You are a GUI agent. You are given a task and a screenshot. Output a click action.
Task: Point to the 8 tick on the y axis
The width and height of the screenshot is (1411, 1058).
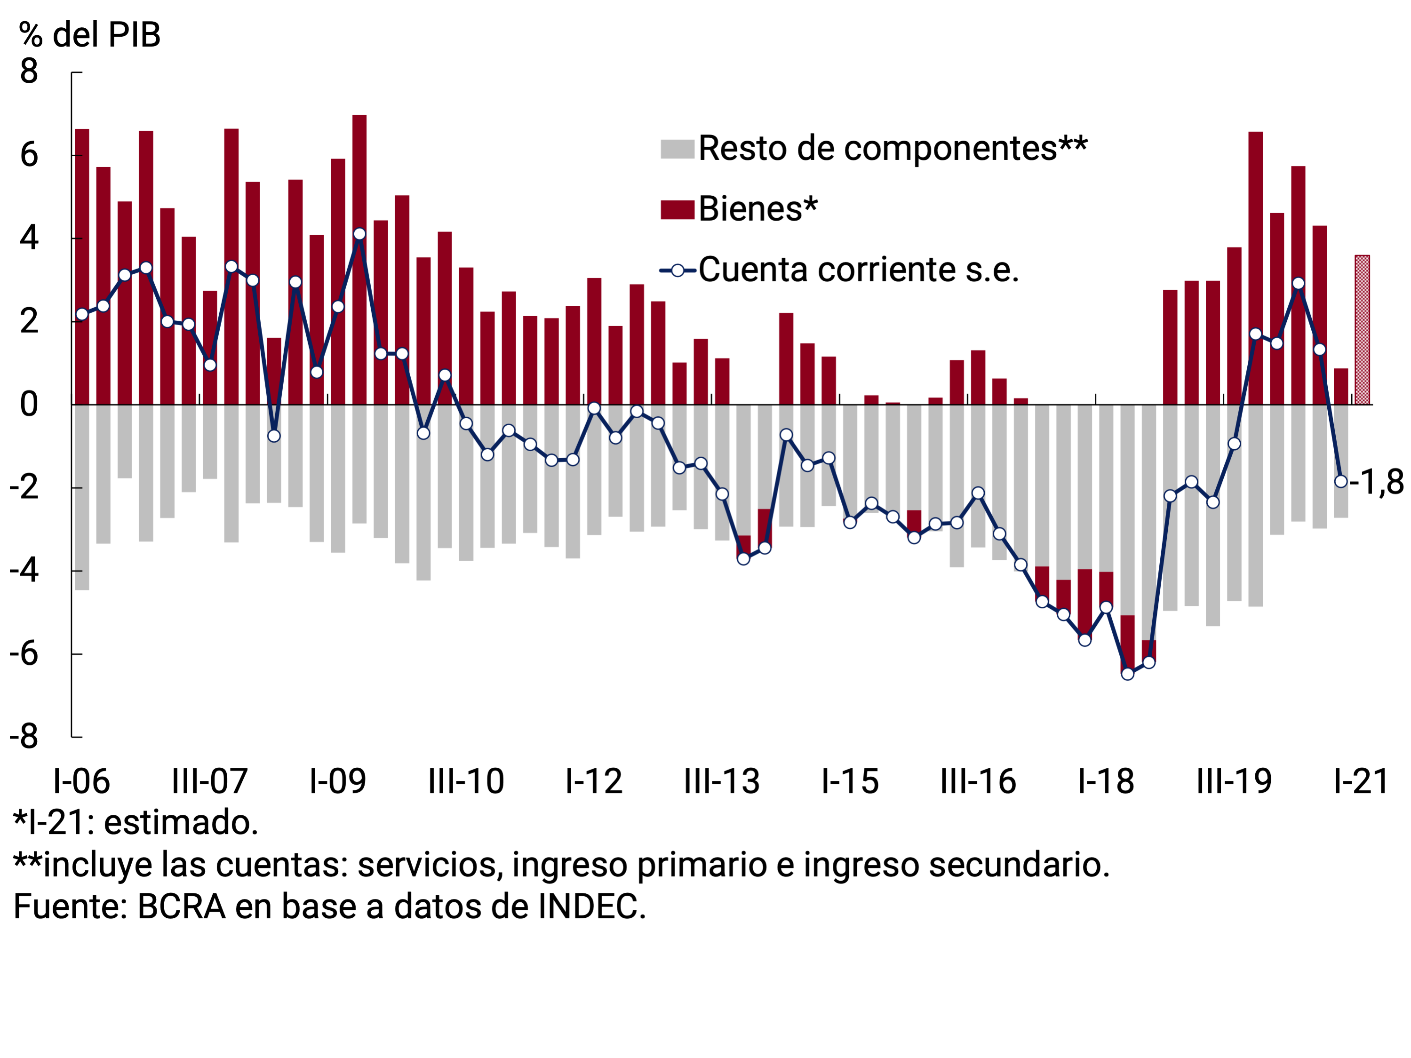(x=29, y=72)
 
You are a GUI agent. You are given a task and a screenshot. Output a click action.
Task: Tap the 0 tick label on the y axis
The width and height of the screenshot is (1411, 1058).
(x=29, y=404)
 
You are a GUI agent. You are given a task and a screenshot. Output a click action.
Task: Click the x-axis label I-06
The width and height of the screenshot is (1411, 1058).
(x=82, y=781)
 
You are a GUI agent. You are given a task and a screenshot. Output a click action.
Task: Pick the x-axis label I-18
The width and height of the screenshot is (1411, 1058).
(x=1106, y=781)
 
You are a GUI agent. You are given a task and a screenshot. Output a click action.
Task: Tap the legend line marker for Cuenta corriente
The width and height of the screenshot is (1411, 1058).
(x=678, y=270)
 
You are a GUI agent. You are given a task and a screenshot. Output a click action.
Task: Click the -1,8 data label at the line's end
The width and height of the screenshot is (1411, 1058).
(x=1377, y=482)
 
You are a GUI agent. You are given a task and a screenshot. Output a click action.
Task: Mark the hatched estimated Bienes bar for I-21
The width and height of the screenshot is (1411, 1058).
(x=1362, y=330)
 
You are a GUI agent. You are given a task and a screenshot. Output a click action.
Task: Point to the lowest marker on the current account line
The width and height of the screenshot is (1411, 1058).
(x=1127, y=674)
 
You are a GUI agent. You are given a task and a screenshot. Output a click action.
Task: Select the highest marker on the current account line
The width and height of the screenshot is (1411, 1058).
(x=359, y=234)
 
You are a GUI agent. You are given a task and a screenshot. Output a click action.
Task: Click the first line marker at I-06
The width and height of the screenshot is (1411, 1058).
(x=82, y=314)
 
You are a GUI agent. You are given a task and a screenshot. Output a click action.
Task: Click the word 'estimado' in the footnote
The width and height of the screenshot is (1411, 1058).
(x=181, y=823)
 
